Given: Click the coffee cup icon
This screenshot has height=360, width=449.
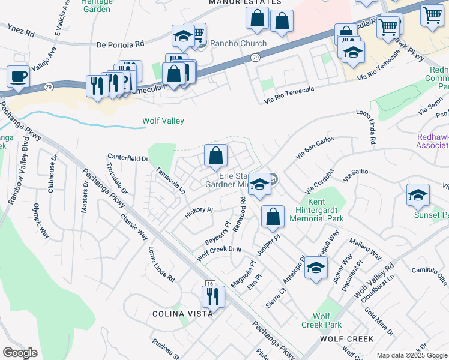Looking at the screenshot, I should (18, 77).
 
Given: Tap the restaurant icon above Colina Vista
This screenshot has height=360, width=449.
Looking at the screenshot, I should (213, 296).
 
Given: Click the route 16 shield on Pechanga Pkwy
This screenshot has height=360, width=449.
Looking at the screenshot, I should (209, 283).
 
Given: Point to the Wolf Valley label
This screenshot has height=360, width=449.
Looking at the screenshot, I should (163, 121).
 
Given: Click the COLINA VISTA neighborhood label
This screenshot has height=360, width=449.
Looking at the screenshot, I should (182, 314).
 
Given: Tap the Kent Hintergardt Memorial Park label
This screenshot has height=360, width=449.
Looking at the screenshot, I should (324, 211).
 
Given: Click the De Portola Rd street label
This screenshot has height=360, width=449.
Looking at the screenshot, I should (121, 44).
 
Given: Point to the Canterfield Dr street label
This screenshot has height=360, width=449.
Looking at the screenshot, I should (127, 158).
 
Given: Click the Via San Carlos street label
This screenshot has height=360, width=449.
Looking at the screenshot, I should (316, 148).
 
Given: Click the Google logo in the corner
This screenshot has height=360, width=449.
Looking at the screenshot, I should (20, 352).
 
